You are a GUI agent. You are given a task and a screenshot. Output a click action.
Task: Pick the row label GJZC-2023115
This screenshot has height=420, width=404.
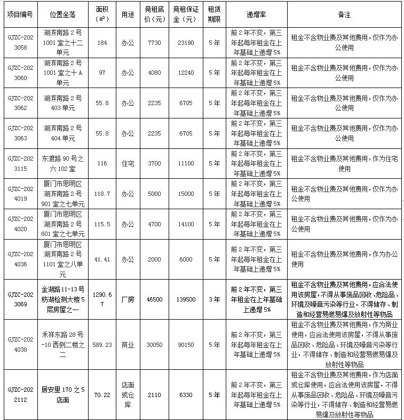(20, 164)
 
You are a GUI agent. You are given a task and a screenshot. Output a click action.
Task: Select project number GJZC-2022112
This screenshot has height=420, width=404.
(20, 395)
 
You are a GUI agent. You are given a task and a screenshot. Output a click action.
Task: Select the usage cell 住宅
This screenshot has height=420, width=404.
(127, 164)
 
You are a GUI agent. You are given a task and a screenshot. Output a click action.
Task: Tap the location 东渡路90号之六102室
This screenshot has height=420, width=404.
(62, 164)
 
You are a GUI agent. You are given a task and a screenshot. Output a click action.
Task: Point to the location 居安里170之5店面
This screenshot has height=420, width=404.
(62, 395)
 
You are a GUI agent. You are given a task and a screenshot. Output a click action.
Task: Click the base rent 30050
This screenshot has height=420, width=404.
(154, 345)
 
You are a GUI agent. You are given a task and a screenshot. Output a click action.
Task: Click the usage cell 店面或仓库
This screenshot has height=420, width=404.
(127, 395)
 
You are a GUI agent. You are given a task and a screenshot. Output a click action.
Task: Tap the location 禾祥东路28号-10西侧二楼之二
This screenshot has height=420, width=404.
(62, 345)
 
